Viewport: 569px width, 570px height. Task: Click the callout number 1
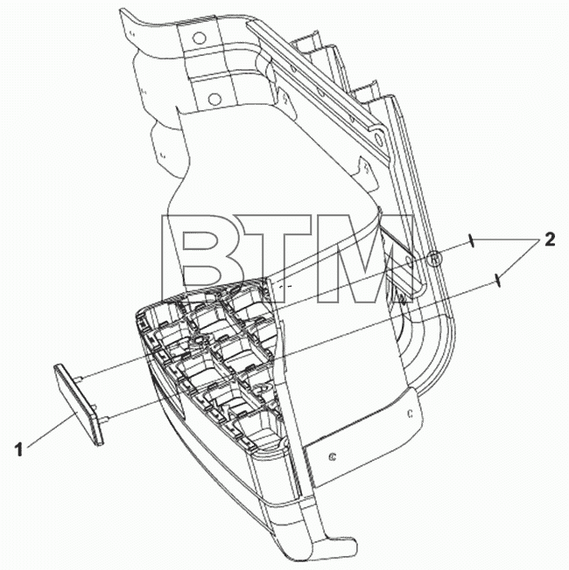(19, 449)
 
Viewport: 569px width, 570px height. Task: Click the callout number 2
(550, 240)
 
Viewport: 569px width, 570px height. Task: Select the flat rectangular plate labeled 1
(78, 405)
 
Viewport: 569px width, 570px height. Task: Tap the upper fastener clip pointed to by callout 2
(470, 240)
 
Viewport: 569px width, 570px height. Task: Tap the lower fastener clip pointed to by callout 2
(498, 281)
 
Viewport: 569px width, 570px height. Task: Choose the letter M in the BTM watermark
(364, 259)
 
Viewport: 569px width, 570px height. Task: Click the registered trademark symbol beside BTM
(434, 259)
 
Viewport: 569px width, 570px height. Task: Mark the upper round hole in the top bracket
(199, 38)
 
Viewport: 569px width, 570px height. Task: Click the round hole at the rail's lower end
(377, 138)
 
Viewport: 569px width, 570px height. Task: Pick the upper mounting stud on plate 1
(80, 379)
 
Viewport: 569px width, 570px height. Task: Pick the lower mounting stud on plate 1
(104, 420)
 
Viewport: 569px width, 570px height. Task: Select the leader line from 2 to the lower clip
(519, 260)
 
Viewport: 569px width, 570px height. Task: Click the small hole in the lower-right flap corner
(410, 414)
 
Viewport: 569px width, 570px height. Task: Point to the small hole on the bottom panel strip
(332, 456)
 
